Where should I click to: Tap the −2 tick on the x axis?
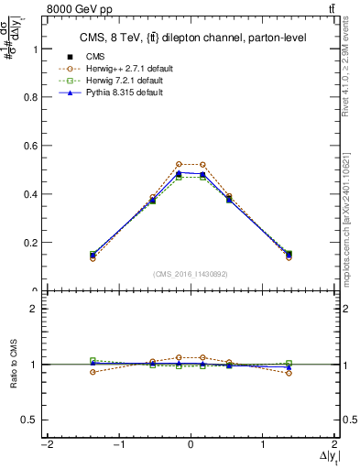[x=45, y=444]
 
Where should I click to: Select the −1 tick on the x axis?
[x=117, y=444]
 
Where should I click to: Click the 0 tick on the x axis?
[x=191, y=444]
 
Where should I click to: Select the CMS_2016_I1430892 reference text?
[x=191, y=274]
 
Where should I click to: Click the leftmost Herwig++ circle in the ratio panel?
[x=93, y=372]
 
